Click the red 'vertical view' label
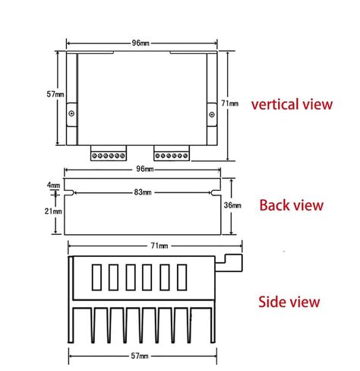tap(292, 104)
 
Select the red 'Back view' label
tap(292, 205)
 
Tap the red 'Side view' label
tap(289, 302)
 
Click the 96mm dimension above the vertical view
tap(141, 43)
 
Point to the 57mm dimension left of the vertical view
tap(55, 94)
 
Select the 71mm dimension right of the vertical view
tap(229, 103)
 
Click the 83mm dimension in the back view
tap(143, 192)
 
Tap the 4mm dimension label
tap(53, 185)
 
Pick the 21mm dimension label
tap(53, 211)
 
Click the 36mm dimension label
tap(232, 205)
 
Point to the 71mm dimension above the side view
tap(159, 246)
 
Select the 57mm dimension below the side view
tap(140, 356)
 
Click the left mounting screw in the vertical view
tap(71, 113)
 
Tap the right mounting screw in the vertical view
tap(212, 115)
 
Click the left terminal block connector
tap(109, 153)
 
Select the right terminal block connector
tap(172, 153)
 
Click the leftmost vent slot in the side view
tap(96, 277)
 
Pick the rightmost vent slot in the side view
tap(182, 277)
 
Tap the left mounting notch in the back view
tap(69, 193)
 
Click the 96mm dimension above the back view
tap(145, 169)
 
